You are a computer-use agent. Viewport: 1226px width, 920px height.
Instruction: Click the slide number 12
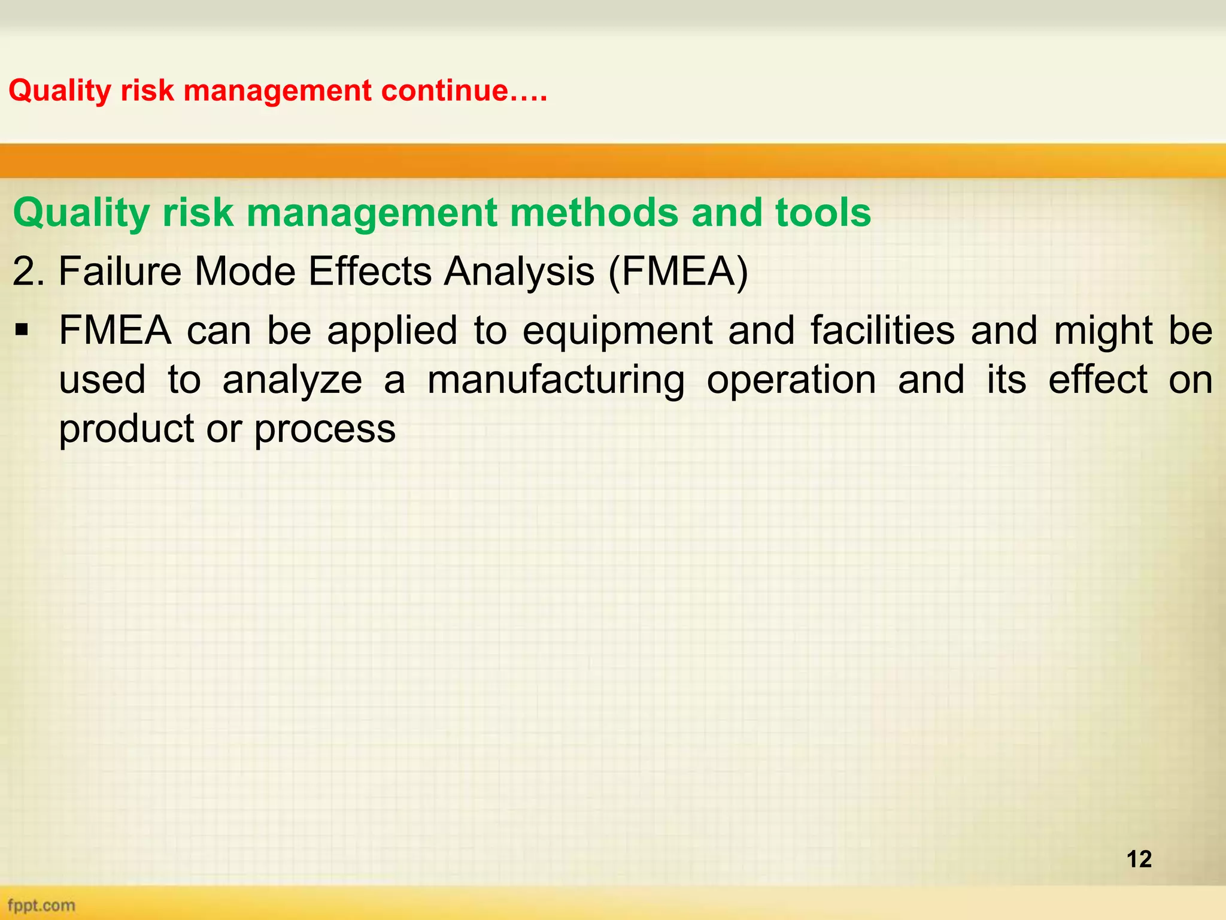pos(1139,859)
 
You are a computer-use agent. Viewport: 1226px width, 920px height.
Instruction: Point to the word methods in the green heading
pos(592,213)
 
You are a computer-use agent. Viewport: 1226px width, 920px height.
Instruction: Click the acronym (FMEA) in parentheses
pos(678,271)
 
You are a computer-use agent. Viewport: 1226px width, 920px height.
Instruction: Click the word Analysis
pos(519,271)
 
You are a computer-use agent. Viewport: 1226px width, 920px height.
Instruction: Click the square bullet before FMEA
pos(22,330)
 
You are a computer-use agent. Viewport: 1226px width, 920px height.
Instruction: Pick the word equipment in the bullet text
pos(617,330)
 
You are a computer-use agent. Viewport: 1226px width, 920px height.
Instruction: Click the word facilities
pos(882,330)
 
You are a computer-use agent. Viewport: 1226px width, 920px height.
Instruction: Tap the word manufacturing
pos(556,380)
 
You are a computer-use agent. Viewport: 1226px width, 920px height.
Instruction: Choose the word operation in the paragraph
pos(791,380)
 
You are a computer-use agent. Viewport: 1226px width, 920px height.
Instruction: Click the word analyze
pos(292,380)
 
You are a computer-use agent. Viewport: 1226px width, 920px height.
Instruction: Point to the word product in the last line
pos(126,429)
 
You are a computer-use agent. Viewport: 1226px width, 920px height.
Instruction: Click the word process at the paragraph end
pos(325,429)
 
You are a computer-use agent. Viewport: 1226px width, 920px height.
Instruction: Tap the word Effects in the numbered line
pos(370,271)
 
